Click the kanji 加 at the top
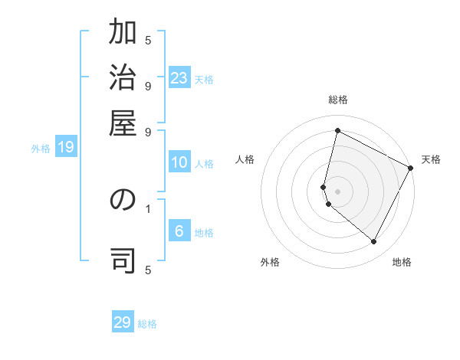point(123,34)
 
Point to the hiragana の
point(123,200)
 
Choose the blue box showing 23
point(179,78)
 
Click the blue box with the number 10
point(179,162)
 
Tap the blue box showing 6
point(179,232)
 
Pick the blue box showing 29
point(123,322)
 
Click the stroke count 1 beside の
point(147,208)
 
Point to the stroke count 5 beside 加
point(148,39)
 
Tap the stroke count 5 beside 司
point(148,270)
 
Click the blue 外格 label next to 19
point(41,149)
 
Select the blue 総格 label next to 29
point(147,324)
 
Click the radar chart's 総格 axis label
point(338,100)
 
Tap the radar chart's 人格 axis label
point(245,159)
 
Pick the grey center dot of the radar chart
point(337,191)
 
